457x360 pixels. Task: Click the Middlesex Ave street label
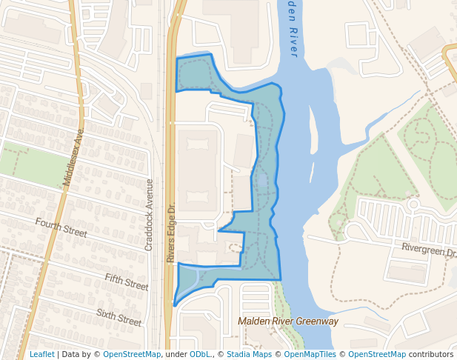click(x=75, y=157)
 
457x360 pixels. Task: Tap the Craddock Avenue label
click(x=149, y=214)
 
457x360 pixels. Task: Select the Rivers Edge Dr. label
click(x=170, y=233)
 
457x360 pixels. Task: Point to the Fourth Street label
click(x=61, y=227)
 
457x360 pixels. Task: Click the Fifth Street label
click(x=126, y=281)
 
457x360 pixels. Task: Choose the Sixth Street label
click(x=119, y=318)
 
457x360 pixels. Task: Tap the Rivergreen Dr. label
click(x=429, y=250)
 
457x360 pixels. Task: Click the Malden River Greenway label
click(x=287, y=321)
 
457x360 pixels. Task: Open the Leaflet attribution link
click(x=41, y=354)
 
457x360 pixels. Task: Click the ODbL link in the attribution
click(x=200, y=354)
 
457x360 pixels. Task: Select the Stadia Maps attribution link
click(x=249, y=354)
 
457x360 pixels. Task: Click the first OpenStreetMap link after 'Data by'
click(x=132, y=354)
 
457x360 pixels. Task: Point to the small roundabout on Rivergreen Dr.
click(x=413, y=204)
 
